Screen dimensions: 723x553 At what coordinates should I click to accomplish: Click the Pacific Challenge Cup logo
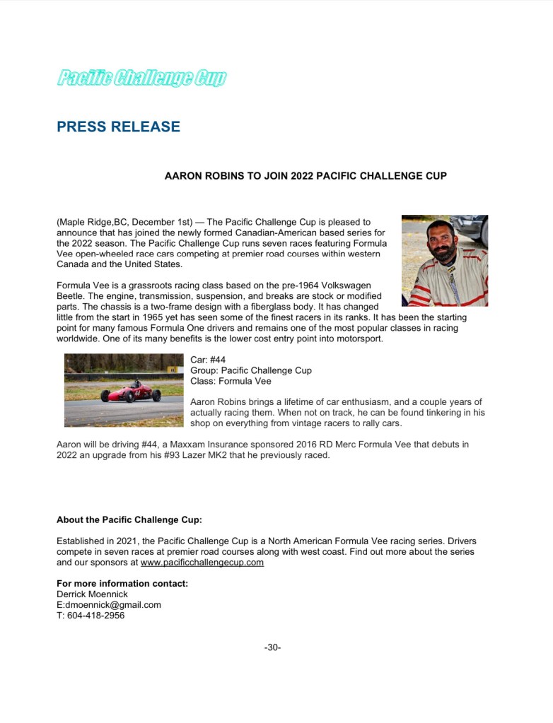(x=141, y=78)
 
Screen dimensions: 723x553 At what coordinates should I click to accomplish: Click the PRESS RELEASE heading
(x=118, y=127)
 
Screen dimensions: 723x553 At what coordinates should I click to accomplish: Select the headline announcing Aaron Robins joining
(x=305, y=175)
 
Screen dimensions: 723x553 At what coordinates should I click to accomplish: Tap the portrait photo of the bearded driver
(x=444, y=260)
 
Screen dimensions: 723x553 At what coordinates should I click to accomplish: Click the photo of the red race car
(x=124, y=390)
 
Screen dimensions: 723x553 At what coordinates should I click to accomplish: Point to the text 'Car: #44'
(x=208, y=360)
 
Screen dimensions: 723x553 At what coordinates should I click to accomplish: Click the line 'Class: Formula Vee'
(x=231, y=381)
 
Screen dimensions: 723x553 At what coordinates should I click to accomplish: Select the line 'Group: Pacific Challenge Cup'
(x=251, y=370)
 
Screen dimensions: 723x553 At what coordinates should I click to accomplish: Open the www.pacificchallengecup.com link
(x=202, y=563)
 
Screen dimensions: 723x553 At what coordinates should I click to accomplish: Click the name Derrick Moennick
(x=93, y=594)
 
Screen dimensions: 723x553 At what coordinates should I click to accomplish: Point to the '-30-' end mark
(x=273, y=647)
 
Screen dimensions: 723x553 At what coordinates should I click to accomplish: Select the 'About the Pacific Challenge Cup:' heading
(x=129, y=519)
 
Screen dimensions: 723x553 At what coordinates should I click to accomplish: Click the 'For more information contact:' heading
(x=122, y=584)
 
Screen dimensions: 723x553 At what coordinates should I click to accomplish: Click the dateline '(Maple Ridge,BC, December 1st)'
(x=124, y=222)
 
